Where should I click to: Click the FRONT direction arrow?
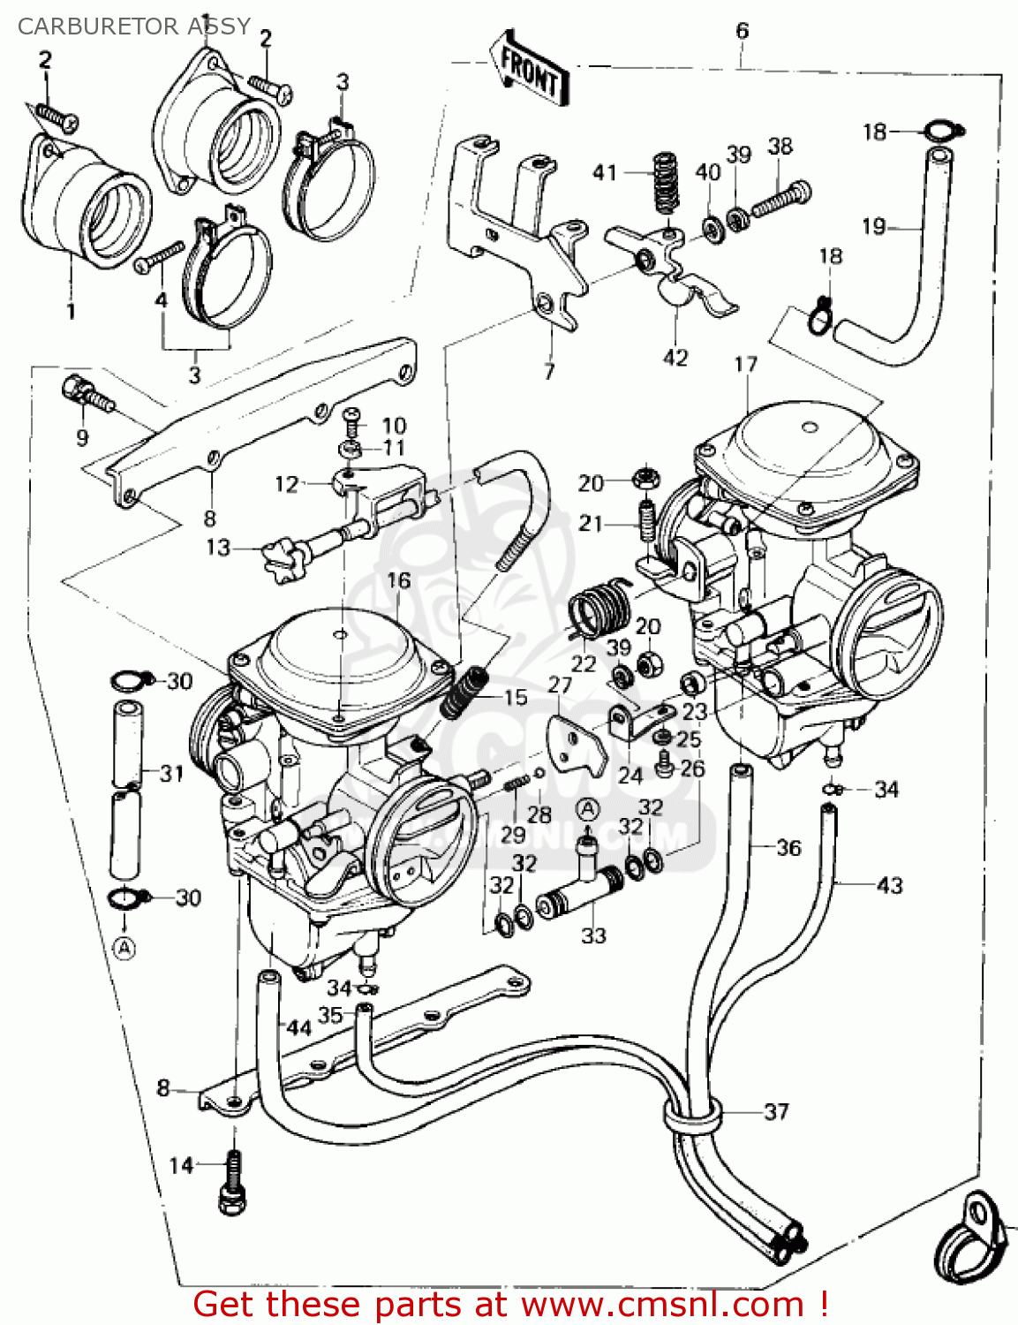pos(529,71)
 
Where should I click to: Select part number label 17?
pos(746,364)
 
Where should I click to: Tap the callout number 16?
pos(398,580)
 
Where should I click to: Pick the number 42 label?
pos(675,358)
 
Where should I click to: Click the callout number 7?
pos(549,371)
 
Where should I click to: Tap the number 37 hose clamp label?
pos(776,1111)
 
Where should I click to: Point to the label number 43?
pos(889,884)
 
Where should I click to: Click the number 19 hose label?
pos(874,227)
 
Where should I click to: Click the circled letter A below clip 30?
pos(125,949)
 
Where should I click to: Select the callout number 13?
pos(218,548)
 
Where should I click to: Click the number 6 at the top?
pos(742,31)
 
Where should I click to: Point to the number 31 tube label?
pos(171,774)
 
